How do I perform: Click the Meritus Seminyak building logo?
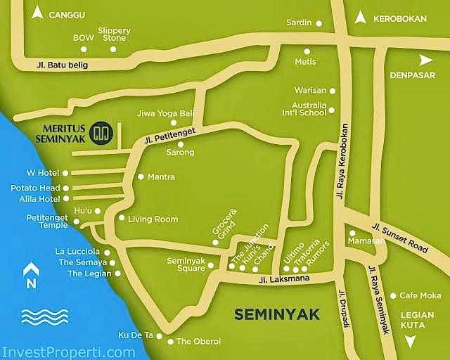pos(103,133)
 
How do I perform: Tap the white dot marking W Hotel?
pos(65,173)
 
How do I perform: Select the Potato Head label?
pos(35,188)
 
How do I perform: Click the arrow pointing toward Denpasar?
pos(426,60)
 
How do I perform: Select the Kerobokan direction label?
pos(400,19)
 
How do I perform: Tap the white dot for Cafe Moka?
pos(393,295)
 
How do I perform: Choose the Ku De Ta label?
pos(136,335)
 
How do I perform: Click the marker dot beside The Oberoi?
pos(170,342)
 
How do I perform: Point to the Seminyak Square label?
pos(186,264)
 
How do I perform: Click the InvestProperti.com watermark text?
pos(68,352)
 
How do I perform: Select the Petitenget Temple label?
pos(47,222)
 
